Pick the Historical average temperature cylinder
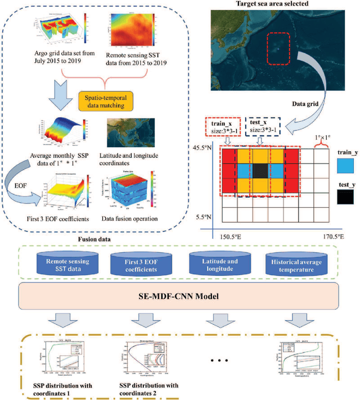(296, 265)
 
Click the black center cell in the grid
(259, 171)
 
